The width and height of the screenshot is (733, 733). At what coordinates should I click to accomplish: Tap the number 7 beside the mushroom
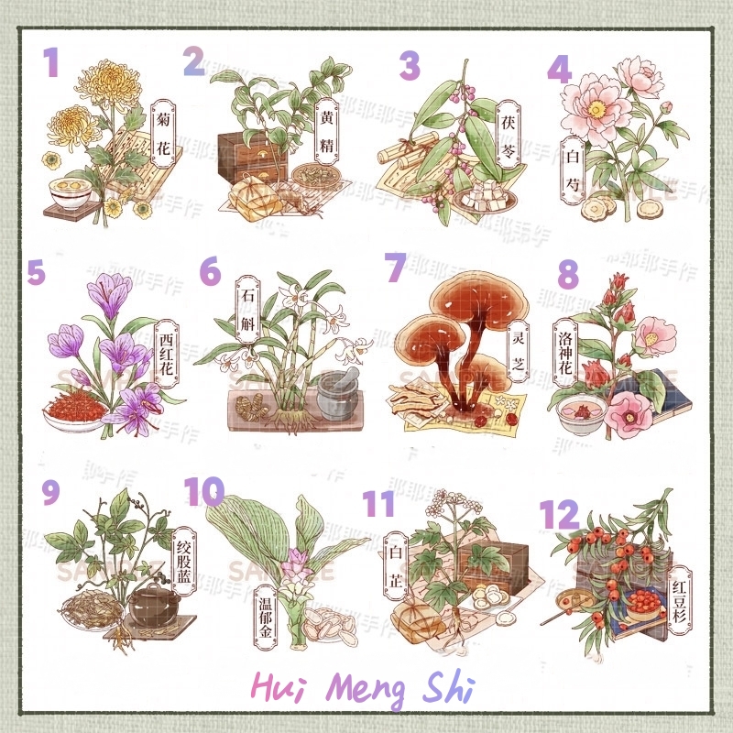pyautogui.click(x=395, y=268)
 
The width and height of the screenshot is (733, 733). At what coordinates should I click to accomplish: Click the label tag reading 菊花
pyautogui.click(x=161, y=130)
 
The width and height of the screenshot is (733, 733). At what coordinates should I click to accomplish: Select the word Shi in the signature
pyautogui.click(x=443, y=689)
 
